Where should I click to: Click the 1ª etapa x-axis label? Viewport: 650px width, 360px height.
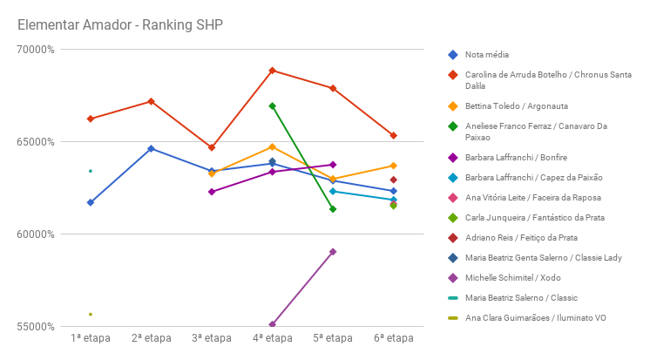click(x=91, y=338)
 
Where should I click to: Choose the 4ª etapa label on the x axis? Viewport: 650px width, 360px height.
click(x=273, y=338)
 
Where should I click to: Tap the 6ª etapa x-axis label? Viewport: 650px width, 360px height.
click(x=394, y=338)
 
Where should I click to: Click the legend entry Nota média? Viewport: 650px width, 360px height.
click(x=487, y=54)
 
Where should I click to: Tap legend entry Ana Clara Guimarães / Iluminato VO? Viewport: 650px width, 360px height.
click(x=535, y=317)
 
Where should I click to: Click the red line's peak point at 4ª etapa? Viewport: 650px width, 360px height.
click(x=273, y=71)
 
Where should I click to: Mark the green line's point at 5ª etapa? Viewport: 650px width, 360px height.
click(x=333, y=209)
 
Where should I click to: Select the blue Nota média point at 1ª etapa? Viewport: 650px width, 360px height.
click(x=91, y=202)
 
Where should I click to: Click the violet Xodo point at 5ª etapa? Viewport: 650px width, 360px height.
click(x=333, y=252)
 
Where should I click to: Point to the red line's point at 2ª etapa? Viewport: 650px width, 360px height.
click(x=152, y=102)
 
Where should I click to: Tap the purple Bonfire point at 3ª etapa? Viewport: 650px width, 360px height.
click(x=212, y=192)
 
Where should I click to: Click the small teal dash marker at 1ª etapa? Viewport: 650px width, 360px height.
click(x=91, y=171)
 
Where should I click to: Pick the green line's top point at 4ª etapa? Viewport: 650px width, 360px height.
click(x=273, y=106)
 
